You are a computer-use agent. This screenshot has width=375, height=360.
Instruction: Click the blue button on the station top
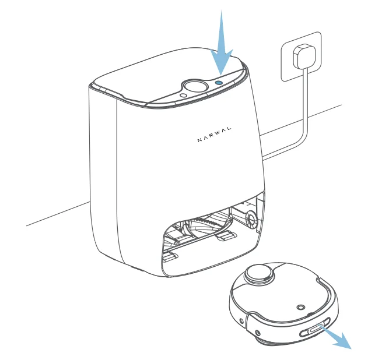(x=218, y=83)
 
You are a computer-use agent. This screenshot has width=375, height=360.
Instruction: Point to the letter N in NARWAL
(x=198, y=140)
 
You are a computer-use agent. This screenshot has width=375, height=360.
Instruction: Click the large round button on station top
(x=193, y=87)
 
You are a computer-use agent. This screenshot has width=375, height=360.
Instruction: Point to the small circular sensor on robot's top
(x=300, y=306)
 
